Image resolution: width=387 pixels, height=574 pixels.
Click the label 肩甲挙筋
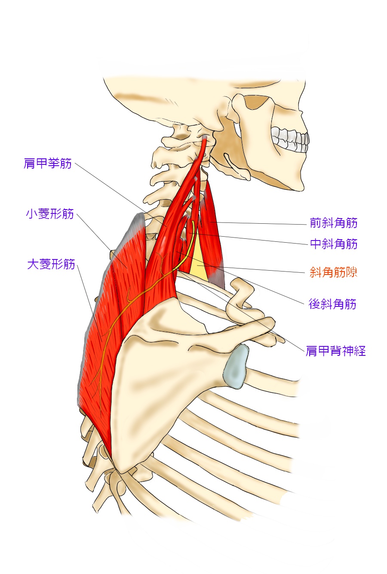pyautogui.click(x=48, y=164)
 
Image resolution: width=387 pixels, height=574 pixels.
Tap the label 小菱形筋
pyautogui.click(x=50, y=214)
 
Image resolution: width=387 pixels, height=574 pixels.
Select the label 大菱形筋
pyautogui.click(x=51, y=264)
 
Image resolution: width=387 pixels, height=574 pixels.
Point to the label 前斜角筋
pyautogui.click(x=334, y=223)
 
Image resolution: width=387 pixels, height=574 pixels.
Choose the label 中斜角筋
pyautogui.click(x=334, y=244)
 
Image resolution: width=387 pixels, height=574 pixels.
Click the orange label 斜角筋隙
pyautogui.click(x=334, y=272)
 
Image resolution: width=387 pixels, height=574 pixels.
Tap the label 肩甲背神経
pyautogui.click(x=335, y=351)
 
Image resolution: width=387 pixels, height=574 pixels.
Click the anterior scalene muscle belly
pyautogui.click(x=212, y=228)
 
